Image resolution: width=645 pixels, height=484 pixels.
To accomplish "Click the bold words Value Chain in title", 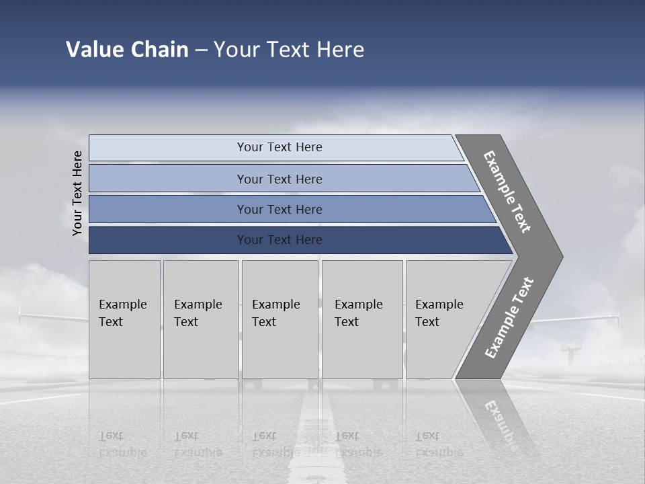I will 127,50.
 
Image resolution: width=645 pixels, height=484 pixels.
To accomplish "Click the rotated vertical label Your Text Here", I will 77,193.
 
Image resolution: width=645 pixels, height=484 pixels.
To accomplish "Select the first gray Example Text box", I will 124,319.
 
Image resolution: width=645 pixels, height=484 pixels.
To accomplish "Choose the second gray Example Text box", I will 201,319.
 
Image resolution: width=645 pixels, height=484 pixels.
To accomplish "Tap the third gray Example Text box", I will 279,319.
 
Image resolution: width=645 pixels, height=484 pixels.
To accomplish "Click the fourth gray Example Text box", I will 362,319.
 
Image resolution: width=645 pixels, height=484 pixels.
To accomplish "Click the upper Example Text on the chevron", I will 507,192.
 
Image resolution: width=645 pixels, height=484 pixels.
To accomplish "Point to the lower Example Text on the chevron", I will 509,317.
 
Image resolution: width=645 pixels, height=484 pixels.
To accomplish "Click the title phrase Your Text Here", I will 289,50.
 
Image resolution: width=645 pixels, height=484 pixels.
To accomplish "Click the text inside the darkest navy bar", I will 279,240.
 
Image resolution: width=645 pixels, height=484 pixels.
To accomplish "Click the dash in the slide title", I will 201,50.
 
